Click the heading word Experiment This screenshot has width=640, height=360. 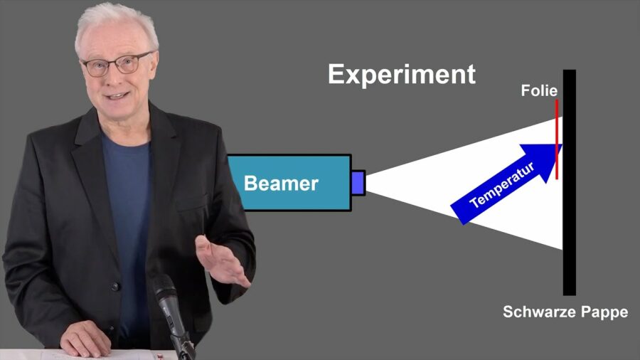click(x=402, y=75)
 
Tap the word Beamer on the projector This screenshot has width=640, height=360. click(x=281, y=184)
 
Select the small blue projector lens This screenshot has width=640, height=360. click(x=358, y=183)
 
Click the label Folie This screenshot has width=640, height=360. click(x=539, y=90)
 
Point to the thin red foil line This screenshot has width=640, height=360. click(x=556, y=139)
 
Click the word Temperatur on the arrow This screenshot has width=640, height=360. click(x=501, y=185)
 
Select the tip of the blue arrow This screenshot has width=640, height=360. click(x=562, y=145)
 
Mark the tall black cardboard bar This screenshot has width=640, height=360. click(x=570, y=182)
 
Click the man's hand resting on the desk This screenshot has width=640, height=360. click(x=85, y=338)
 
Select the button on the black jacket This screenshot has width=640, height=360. click(x=115, y=286)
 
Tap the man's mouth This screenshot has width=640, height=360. click(x=117, y=96)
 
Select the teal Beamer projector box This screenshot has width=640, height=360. click(x=289, y=182)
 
